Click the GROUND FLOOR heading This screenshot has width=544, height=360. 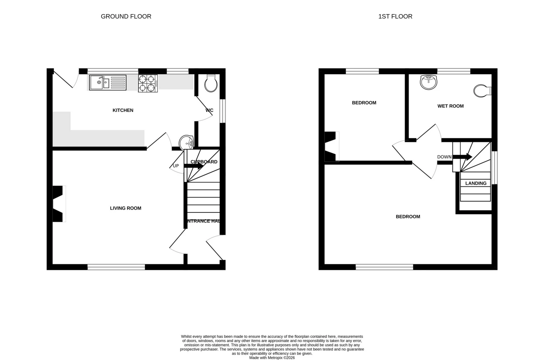[126, 16]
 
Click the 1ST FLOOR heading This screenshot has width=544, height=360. [395, 16]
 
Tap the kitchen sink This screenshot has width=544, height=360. [107, 82]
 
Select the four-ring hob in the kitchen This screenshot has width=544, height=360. [148, 83]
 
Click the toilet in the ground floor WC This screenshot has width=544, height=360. [211, 83]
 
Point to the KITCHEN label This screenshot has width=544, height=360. [123, 110]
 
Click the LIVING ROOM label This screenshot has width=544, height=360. [125, 208]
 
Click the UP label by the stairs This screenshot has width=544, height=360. [176, 166]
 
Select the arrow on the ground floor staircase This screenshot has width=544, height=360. [194, 166]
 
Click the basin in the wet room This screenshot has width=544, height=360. [429, 82]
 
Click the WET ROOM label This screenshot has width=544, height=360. [450, 106]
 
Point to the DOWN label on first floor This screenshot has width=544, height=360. [444, 157]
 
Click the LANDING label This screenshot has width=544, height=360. [475, 183]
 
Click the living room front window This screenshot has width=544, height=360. [116, 267]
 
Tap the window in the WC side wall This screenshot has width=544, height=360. [223, 111]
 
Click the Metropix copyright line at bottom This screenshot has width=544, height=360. [272, 358]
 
